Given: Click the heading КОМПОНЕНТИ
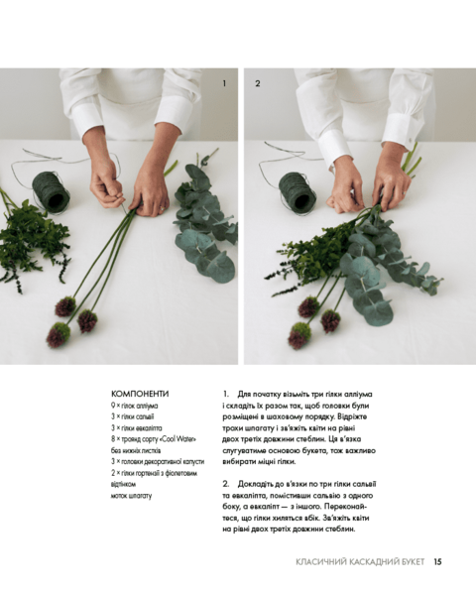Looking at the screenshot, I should (x=140, y=393).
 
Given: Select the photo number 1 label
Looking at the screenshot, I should (x=224, y=83).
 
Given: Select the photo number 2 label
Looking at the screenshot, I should (x=257, y=83).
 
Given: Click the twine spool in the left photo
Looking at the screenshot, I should (x=49, y=190).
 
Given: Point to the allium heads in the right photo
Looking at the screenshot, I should (x=312, y=322).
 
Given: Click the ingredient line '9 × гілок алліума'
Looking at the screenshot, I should (x=135, y=406).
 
